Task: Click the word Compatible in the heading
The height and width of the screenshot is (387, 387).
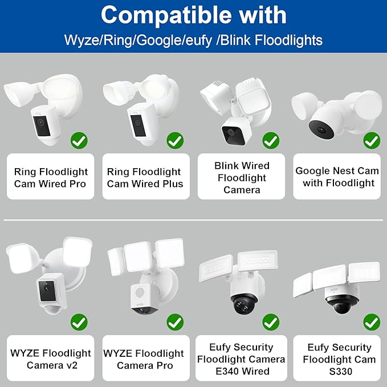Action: point(166,15)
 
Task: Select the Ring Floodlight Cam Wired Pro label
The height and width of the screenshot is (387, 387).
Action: point(51,177)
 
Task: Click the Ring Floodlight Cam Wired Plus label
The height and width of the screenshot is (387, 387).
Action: point(145,177)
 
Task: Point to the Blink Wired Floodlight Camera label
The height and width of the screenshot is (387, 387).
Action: point(242,177)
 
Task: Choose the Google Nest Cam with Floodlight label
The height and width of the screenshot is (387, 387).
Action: point(337,177)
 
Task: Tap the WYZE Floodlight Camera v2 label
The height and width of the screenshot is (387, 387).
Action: point(51,359)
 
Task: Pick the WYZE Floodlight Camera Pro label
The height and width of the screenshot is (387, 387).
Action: point(144,359)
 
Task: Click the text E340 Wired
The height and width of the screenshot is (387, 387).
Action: point(242,371)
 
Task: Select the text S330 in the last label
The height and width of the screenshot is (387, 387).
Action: point(341,371)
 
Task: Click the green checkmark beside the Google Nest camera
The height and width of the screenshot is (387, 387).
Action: point(372,140)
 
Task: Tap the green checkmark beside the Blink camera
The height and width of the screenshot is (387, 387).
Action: point(271,140)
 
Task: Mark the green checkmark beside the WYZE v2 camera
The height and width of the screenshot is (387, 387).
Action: point(79,322)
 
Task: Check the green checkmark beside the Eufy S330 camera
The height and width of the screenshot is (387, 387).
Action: point(372,322)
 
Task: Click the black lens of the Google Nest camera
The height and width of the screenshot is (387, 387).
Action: point(321,129)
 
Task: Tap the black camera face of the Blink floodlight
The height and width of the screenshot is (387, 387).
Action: point(233,135)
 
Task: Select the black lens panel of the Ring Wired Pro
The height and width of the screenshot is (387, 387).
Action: point(42,126)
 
